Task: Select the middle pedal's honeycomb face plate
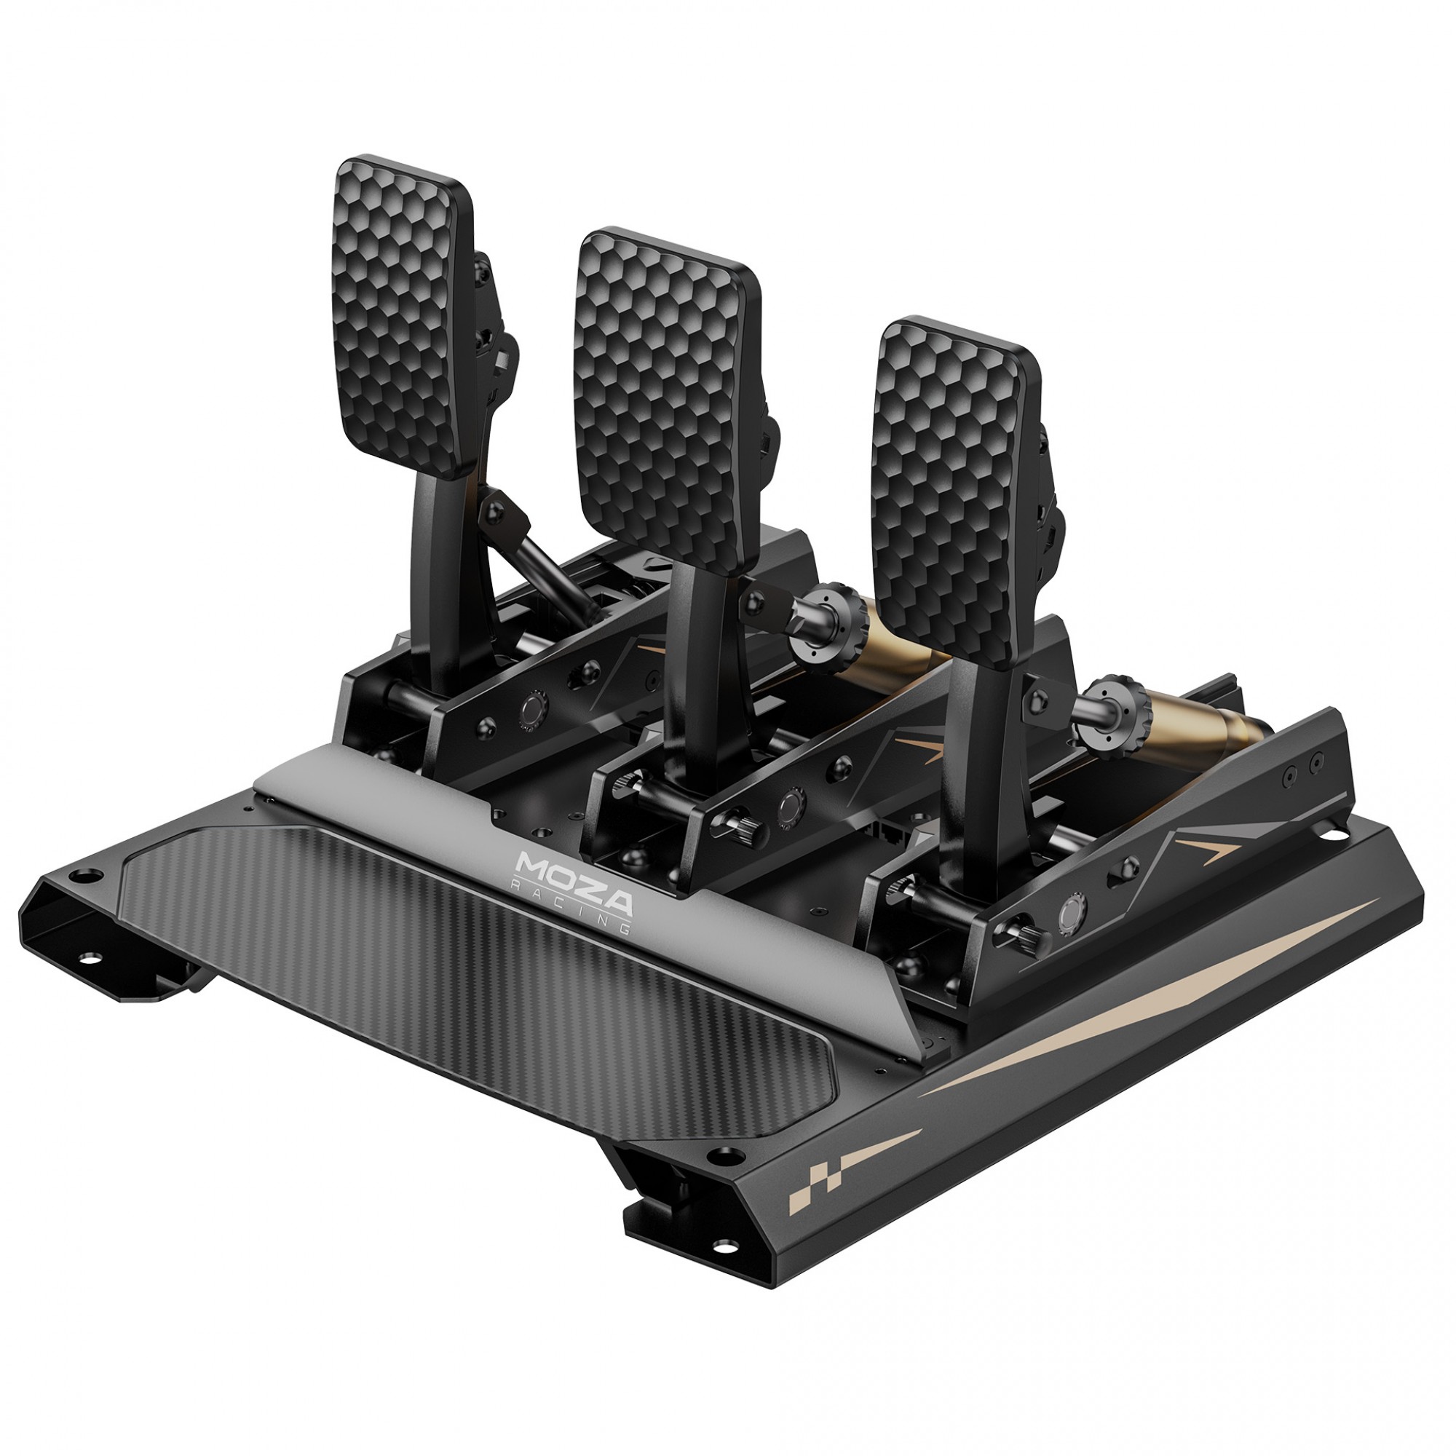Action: click(663, 392)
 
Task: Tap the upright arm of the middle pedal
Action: click(697, 678)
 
